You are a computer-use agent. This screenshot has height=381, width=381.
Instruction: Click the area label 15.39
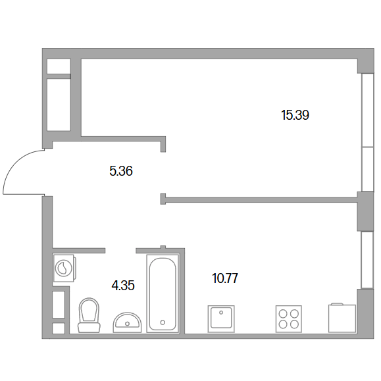295,115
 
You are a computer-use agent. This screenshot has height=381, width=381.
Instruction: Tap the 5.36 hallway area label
121,171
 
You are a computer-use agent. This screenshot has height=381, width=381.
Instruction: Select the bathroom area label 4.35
123,286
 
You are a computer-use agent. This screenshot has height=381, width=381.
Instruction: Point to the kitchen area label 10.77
225,278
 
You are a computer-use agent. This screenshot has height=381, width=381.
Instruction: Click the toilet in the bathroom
89,315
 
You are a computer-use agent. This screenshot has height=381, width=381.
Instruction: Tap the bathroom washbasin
127,322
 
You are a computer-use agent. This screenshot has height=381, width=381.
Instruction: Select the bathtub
163,293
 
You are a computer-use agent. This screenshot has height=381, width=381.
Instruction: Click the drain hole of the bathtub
163,322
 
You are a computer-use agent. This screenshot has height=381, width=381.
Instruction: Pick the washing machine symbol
64,268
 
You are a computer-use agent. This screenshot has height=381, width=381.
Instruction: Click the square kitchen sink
221,318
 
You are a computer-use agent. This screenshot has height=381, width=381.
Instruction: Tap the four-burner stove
289,318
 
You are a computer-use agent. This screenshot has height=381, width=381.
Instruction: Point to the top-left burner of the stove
283,314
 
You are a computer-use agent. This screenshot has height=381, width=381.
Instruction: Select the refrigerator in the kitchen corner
342,318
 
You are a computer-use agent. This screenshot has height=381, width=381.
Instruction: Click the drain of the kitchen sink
221,313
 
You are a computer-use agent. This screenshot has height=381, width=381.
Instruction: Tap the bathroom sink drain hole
127,323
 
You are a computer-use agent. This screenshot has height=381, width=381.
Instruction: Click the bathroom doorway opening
120,251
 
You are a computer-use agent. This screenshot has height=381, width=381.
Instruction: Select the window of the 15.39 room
367,132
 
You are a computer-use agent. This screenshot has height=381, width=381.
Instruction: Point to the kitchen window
367,260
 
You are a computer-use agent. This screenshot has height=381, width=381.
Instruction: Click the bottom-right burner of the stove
294,324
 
